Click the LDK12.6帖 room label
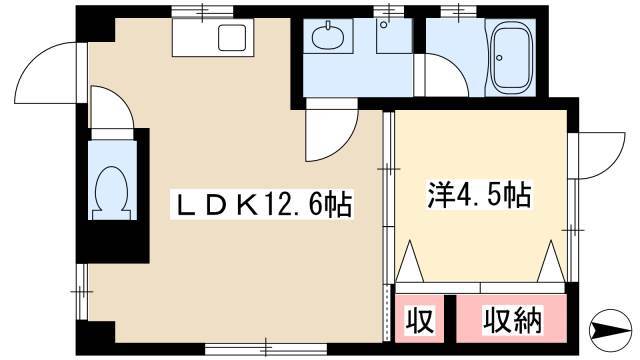point(262,204)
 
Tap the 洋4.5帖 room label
point(479,195)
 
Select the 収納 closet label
point(513,320)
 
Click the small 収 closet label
point(419,320)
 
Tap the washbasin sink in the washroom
point(327,36)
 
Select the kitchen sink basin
point(232,38)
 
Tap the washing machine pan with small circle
point(394,36)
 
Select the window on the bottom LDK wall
point(266,348)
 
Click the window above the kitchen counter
point(204,11)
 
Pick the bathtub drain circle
point(499,58)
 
